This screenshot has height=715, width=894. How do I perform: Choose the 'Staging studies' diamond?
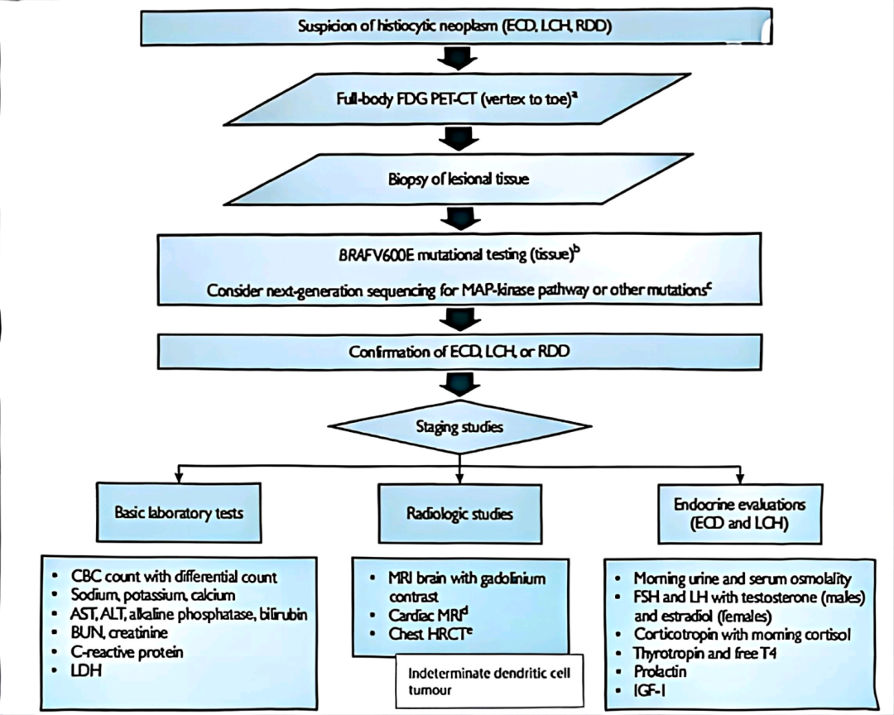click(x=460, y=426)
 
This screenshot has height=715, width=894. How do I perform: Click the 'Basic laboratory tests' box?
click(x=179, y=513)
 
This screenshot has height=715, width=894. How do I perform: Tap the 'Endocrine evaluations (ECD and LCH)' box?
click(x=740, y=513)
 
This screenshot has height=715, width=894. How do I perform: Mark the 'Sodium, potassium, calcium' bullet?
click(x=155, y=594)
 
